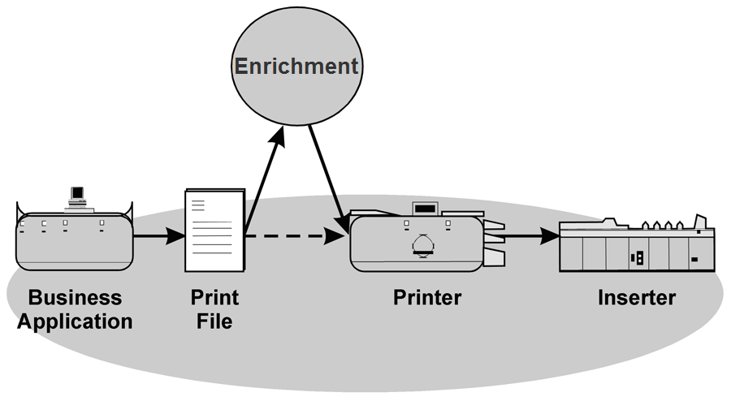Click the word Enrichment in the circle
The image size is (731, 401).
(296, 66)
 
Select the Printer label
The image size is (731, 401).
(427, 297)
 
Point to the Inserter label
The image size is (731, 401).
(637, 297)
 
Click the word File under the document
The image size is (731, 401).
(214, 321)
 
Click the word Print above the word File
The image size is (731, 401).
(214, 297)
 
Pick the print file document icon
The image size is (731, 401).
(215, 231)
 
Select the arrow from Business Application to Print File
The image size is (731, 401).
(158, 237)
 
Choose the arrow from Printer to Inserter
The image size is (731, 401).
(532, 237)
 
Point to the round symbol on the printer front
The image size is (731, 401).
(423, 244)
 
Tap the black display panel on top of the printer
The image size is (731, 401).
(425, 209)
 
